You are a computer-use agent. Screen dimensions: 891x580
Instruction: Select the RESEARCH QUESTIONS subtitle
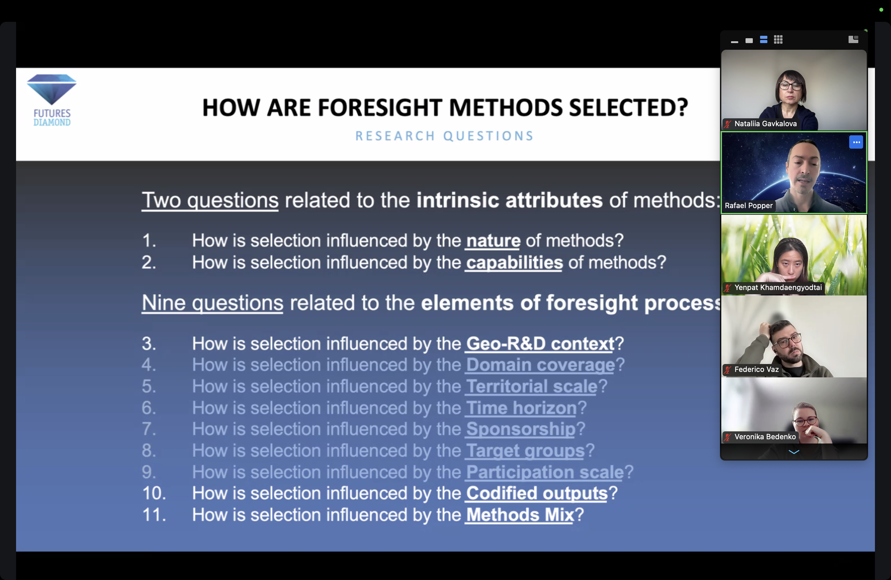[x=444, y=136]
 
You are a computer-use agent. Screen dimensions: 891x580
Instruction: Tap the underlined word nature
[x=493, y=241]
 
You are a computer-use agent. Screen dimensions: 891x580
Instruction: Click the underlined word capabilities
[x=514, y=263]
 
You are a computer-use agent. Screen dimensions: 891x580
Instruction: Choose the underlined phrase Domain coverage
[x=540, y=365]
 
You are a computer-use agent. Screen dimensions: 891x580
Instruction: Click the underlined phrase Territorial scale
[x=532, y=386]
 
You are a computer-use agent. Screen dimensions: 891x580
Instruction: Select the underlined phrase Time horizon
[x=521, y=408]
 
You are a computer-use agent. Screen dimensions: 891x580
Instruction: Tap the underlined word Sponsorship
[x=520, y=429]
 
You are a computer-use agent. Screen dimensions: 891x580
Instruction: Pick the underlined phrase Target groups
[x=525, y=450]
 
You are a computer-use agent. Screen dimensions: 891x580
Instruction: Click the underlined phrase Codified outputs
[x=537, y=493]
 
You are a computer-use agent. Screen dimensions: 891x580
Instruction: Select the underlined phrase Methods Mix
[x=520, y=514]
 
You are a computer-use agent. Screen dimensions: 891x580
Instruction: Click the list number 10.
[x=154, y=493]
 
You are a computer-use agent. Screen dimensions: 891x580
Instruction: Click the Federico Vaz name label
[x=756, y=369]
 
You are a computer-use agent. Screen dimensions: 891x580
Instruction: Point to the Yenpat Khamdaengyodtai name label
[x=778, y=287]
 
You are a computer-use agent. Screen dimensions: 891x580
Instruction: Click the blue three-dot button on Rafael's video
[x=856, y=142]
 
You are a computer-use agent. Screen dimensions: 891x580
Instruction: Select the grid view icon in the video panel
[x=778, y=40]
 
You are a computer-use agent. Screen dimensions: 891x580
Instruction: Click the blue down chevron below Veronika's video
[x=794, y=452]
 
